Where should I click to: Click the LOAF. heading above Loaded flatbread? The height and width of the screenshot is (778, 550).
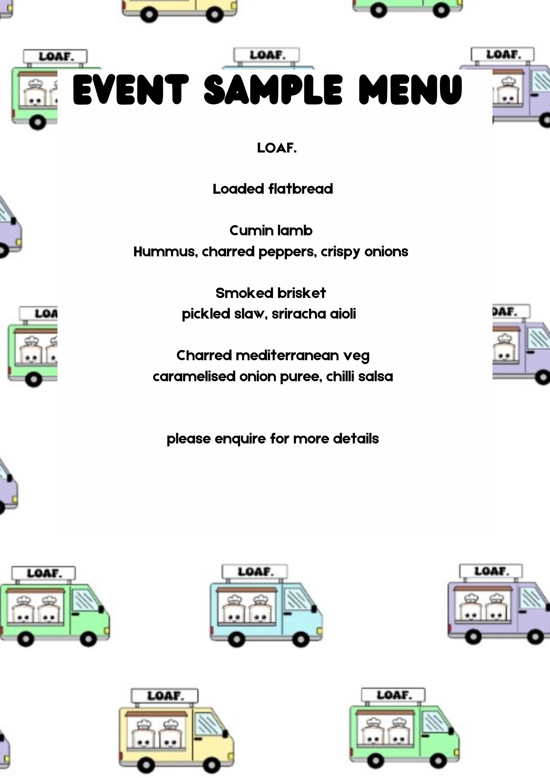(277, 148)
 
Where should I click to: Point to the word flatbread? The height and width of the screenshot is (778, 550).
(301, 189)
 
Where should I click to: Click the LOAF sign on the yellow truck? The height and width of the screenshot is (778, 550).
(165, 696)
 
